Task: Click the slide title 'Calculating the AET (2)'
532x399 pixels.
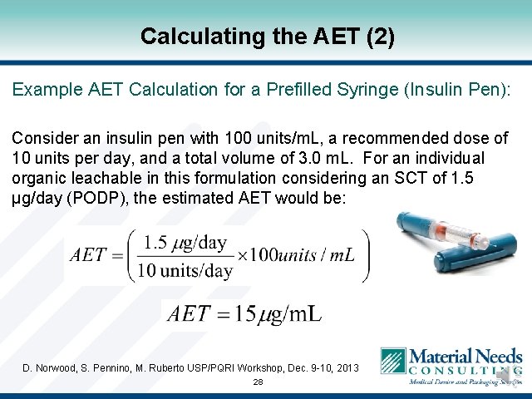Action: [266, 37]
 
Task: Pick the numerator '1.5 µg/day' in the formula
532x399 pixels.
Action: [184, 243]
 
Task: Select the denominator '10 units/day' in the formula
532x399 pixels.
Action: [185, 270]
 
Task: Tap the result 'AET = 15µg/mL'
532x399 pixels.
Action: [244, 314]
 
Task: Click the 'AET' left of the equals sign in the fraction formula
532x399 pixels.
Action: [89, 255]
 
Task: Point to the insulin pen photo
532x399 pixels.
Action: [449, 244]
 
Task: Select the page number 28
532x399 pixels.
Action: [258, 382]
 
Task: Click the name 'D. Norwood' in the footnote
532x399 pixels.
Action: [48, 367]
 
